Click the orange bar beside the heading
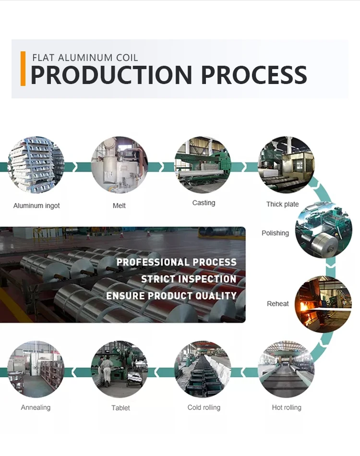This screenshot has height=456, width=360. coord(23,69)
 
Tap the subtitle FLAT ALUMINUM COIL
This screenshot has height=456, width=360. coord(85,58)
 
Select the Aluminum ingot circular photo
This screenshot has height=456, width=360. coord(36,165)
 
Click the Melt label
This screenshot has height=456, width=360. coord(119,205)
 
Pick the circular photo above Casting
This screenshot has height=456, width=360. coord(203,165)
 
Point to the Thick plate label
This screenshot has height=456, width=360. coord(282,204)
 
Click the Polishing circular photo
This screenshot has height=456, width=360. coord(323,231)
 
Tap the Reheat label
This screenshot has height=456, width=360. coord(278,304)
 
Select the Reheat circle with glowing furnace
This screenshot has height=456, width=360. coord(323,303)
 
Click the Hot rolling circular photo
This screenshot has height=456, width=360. coord(286,369)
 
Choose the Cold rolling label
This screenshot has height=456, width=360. coord(204,408)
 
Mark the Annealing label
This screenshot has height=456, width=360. coord(36,408)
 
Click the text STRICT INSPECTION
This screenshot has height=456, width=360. coord(188,279)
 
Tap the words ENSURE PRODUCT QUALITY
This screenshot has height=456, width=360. coord(171,296)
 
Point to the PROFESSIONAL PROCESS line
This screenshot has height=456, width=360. coord(177,262)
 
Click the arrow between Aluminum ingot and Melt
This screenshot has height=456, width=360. coord(71,167)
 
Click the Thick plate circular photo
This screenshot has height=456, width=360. coord(286,165)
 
